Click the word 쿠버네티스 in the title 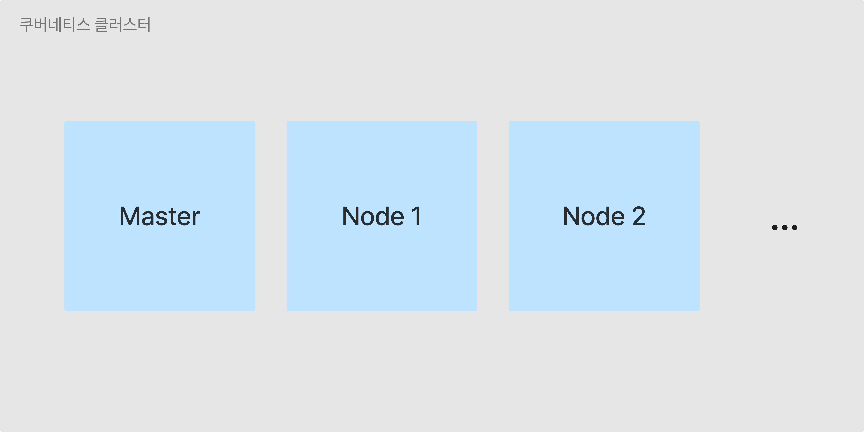click(55, 25)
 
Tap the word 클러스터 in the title click(123, 25)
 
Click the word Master click(160, 216)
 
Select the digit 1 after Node click(417, 216)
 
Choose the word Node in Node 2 click(594, 216)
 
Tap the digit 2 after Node click(639, 216)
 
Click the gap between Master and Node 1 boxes click(271, 216)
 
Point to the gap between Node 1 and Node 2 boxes click(493, 216)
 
